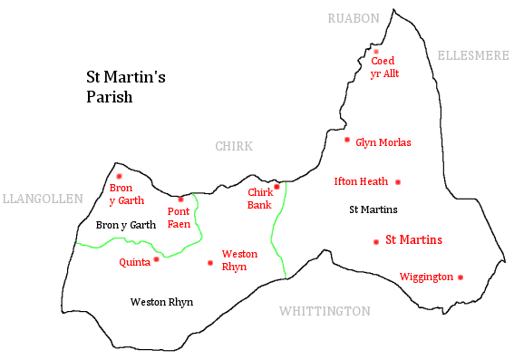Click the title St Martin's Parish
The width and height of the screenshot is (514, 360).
coord(119,88)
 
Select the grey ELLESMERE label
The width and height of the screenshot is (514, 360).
coord(472,55)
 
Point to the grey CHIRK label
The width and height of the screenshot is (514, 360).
coord(233,147)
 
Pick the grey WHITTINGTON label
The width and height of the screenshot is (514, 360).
coord(324,311)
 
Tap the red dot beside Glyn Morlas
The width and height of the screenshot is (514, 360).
coord(346,140)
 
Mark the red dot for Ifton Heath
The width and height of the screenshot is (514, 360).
coord(397,181)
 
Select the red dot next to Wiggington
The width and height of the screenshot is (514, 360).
coord(461,277)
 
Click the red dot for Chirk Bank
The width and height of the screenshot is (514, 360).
coord(276,187)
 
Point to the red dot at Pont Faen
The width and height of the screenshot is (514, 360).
coord(180,199)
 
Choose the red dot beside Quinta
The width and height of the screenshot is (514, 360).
coord(156,259)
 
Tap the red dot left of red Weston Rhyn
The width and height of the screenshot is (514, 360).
coord(210,263)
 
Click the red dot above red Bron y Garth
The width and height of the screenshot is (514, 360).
coord(119,176)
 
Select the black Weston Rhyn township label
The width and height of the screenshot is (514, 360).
coord(161,302)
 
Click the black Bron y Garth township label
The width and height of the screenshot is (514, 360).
coord(125,225)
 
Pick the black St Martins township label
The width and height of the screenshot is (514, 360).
coord(373,210)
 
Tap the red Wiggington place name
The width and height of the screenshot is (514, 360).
coord(425,277)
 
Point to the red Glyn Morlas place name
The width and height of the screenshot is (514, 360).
coord(383,142)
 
